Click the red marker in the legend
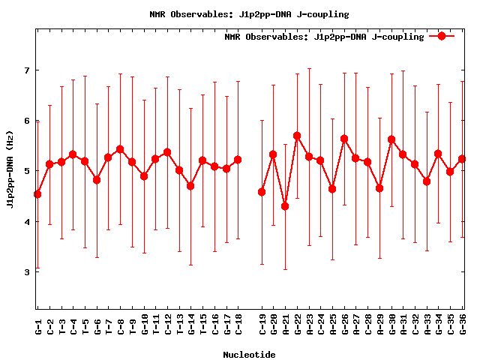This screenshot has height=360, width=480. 442,35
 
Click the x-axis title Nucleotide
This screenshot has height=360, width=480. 248,354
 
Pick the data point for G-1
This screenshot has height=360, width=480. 37,194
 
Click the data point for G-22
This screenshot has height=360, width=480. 297,136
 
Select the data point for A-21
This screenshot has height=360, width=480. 285,206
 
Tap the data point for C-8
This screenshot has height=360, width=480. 120,149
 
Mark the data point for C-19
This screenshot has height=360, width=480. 262,192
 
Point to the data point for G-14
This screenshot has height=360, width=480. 190,186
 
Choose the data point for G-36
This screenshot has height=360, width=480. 462,159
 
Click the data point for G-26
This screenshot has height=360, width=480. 344,139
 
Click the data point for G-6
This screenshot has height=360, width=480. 97,180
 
